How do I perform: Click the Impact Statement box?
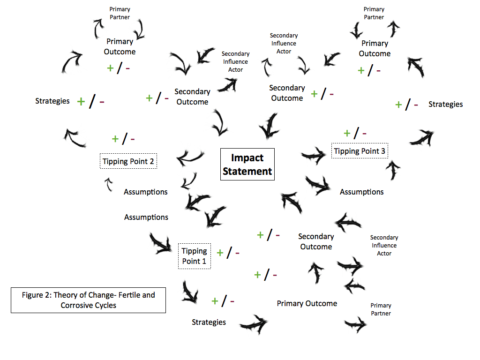(x=247, y=165)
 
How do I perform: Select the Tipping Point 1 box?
(x=194, y=256)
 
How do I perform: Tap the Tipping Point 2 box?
(x=128, y=161)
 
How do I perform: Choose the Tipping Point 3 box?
(x=360, y=151)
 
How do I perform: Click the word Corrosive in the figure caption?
(x=77, y=305)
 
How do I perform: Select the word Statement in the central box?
(x=247, y=171)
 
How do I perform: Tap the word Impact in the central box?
(x=247, y=158)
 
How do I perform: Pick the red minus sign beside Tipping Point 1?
(x=237, y=253)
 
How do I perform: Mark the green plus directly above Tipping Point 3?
(x=347, y=133)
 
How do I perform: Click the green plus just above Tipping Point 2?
(x=115, y=139)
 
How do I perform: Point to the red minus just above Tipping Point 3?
(x=364, y=134)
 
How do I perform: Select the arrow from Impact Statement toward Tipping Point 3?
(x=313, y=154)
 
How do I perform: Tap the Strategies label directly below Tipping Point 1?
(x=209, y=322)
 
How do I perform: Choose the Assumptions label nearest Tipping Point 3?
(x=361, y=192)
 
